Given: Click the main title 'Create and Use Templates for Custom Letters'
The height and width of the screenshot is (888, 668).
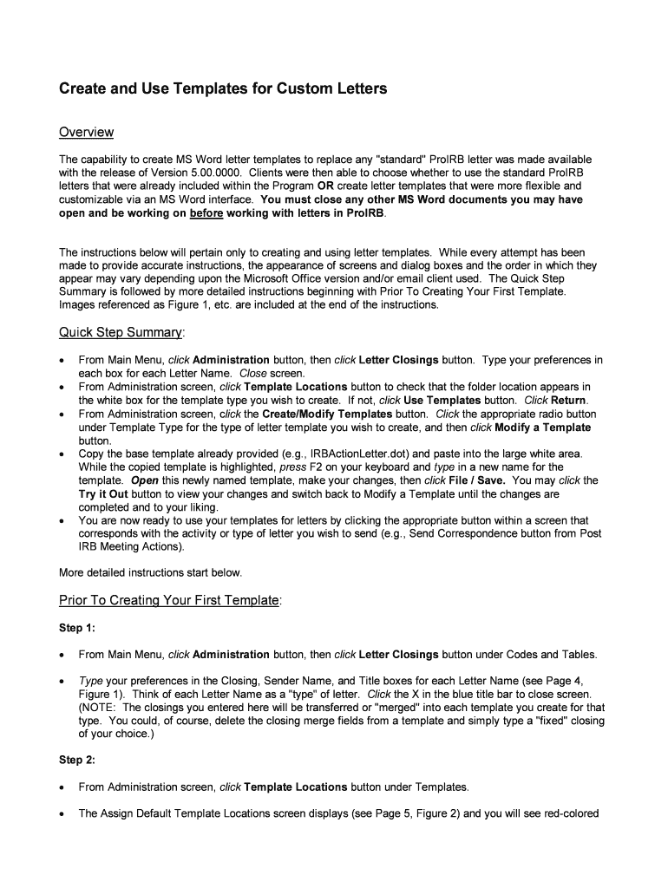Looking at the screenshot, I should [x=222, y=88].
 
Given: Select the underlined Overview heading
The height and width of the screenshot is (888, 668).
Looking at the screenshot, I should [x=86, y=132].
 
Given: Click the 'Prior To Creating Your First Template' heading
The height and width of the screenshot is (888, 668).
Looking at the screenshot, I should [x=170, y=600].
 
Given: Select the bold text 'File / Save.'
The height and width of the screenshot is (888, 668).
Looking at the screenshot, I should [x=475, y=480].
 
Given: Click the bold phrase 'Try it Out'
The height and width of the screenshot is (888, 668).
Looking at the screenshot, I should [x=105, y=493].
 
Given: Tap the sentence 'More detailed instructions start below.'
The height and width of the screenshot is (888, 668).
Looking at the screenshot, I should [x=150, y=572].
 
